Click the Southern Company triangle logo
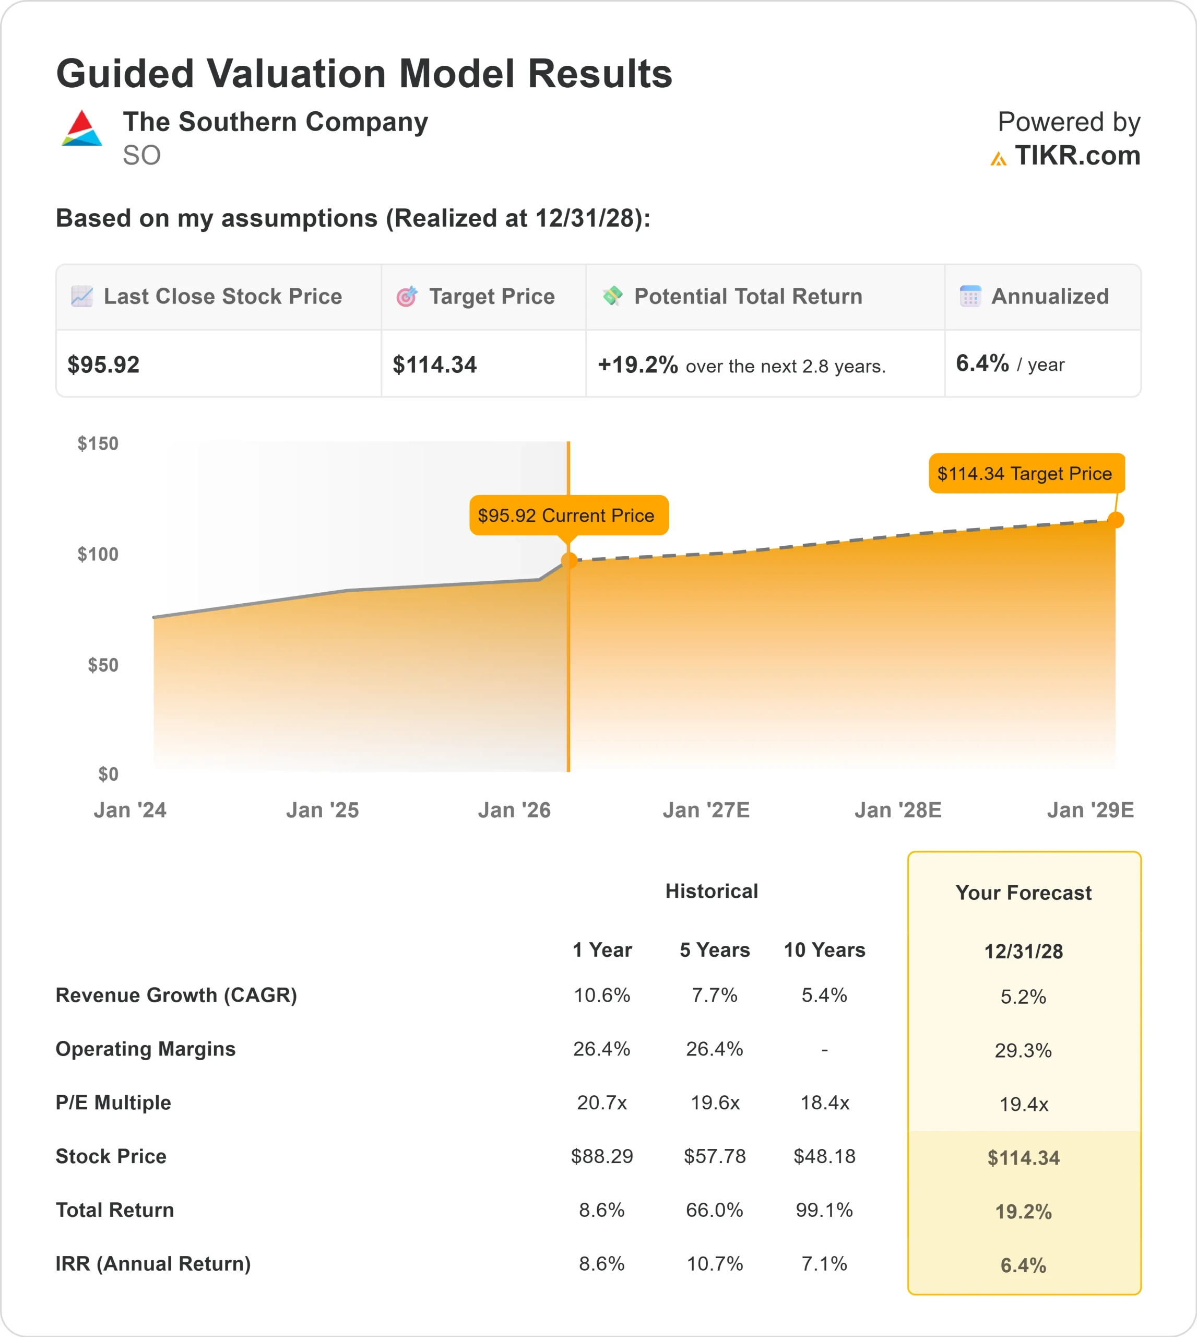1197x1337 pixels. click(81, 128)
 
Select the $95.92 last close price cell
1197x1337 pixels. click(104, 365)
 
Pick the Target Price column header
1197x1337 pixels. click(491, 297)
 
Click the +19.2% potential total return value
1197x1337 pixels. click(637, 365)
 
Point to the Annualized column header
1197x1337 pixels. click(1049, 297)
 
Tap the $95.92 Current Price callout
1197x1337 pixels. click(568, 515)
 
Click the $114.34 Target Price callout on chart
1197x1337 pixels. click(1025, 473)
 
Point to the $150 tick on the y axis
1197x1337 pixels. click(98, 443)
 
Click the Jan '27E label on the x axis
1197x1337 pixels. click(706, 810)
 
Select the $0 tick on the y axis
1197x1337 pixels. click(108, 774)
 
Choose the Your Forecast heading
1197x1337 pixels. click(1023, 893)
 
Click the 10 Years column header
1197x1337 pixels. click(824, 950)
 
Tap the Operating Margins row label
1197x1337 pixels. click(145, 1049)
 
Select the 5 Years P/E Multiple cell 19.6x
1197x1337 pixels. click(715, 1103)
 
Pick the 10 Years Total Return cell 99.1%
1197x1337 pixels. click(824, 1210)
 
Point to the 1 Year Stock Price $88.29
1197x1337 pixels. click(602, 1156)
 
